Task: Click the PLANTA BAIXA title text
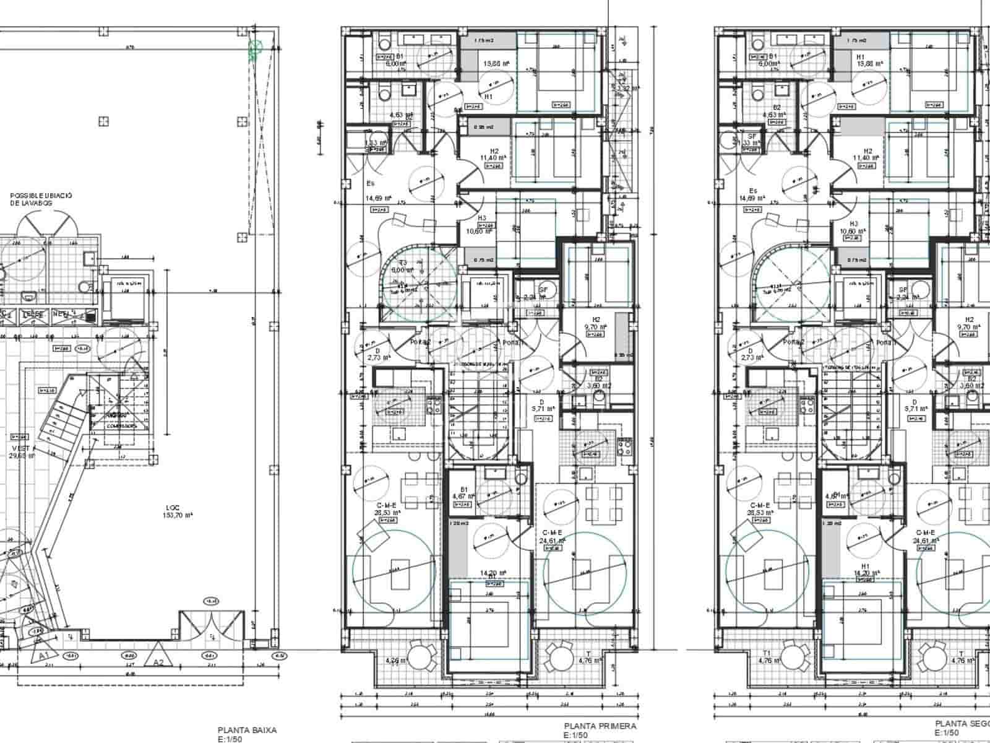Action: pyautogui.click(x=247, y=730)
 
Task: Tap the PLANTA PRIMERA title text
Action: pyautogui.click(x=600, y=726)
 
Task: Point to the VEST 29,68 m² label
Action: pyautogui.click(x=22, y=452)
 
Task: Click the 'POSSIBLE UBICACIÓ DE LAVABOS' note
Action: pyautogui.click(x=41, y=199)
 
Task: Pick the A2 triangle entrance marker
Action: pyautogui.click(x=158, y=661)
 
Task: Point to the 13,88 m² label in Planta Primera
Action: pyautogui.click(x=497, y=63)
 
